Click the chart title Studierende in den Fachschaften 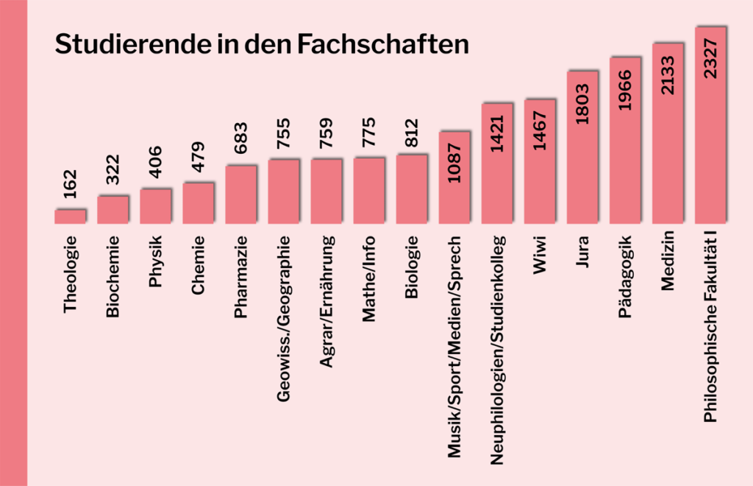click(x=262, y=43)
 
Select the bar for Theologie click(x=70, y=215)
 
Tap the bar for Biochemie click(x=113, y=208)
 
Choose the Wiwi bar click(x=540, y=160)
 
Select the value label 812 click(x=412, y=133)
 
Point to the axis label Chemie click(x=198, y=265)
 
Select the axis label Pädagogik click(x=625, y=276)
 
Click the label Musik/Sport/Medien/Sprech click(x=454, y=347)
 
